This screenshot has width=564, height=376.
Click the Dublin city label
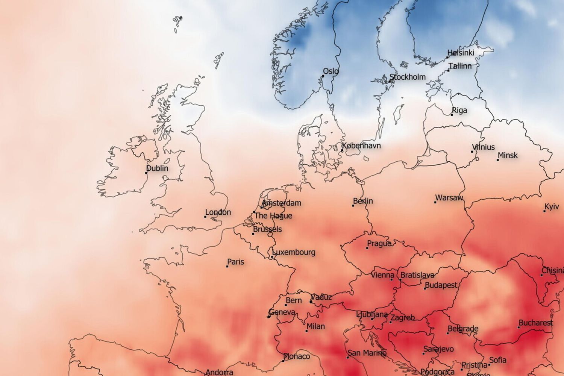(x=157, y=168)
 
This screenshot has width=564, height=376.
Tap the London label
(x=218, y=212)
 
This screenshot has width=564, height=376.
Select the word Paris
(x=236, y=262)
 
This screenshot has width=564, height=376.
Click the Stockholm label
(x=408, y=77)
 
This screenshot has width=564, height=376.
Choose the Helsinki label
(x=461, y=53)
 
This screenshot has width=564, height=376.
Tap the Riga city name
(x=459, y=111)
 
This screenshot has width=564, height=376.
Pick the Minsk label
(x=508, y=155)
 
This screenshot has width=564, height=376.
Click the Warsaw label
(x=449, y=198)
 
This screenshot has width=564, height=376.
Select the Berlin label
(x=363, y=201)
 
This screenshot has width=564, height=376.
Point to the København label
(x=361, y=146)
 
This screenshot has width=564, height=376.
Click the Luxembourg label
(x=294, y=252)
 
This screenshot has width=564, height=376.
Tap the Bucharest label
(x=536, y=323)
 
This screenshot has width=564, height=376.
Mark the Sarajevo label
(x=438, y=349)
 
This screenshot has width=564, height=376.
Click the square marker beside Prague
(x=367, y=248)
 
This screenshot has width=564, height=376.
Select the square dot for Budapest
(x=425, y=288)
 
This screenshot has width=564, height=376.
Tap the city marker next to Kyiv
(x=544, y=211)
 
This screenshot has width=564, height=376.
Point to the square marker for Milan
(x=306, y=331)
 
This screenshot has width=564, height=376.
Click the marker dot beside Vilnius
(x=472, y=152)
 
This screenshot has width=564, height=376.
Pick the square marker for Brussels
(x=253, y=234)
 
